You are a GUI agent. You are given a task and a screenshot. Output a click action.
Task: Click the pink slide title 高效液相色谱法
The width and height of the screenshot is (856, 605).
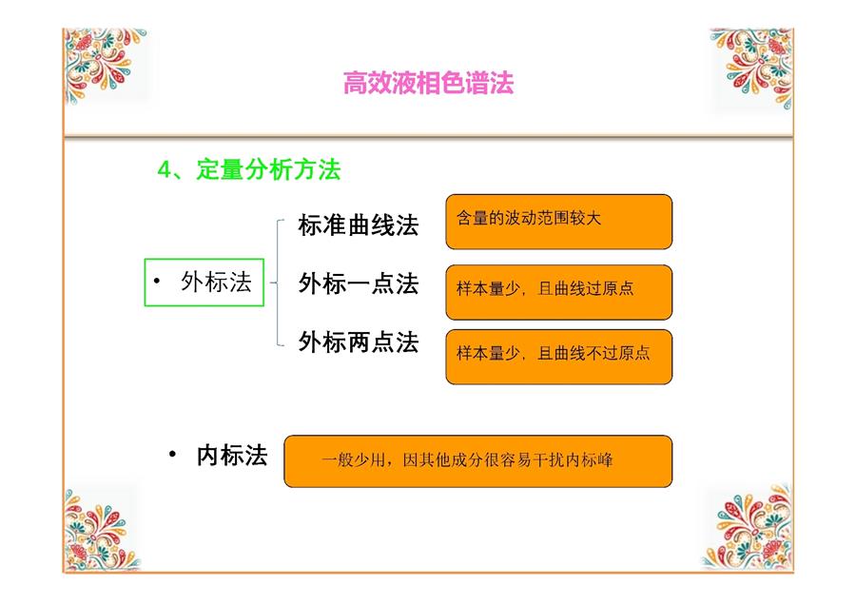pos(429,83)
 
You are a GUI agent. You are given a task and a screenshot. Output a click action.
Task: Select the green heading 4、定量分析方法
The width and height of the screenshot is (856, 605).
pos(249,169)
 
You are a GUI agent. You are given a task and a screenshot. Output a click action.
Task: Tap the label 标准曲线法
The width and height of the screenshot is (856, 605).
pos(359,224)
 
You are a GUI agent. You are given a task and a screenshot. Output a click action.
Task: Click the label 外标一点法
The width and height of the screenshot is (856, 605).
pos(359,283)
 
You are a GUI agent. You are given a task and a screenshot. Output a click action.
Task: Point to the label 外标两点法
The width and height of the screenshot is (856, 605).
pos(359,342)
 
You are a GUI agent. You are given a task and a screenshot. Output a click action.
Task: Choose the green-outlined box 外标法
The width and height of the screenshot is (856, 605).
pos(204,283)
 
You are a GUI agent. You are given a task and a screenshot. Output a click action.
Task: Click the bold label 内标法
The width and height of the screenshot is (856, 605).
pos(232,456)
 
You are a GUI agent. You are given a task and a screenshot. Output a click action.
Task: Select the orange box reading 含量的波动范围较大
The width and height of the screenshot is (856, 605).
pos(559,222)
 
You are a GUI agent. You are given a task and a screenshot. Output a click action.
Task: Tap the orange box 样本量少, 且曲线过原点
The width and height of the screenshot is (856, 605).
pos(559,292)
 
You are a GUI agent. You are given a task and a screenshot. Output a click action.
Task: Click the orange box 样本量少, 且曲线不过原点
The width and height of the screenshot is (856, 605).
pos(559,357)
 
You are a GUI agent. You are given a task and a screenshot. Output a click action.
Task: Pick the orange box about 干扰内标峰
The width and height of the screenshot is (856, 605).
pos(478,460)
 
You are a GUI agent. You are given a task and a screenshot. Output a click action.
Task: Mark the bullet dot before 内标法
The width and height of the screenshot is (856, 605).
pos(172,454)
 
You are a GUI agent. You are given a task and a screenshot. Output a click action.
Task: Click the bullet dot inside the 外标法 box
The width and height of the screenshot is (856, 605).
pos(157,281)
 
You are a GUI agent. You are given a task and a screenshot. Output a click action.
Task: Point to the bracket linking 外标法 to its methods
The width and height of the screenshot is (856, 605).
pos(278,283)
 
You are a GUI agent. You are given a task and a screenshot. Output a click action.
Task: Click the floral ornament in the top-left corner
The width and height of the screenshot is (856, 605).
pos(105,66)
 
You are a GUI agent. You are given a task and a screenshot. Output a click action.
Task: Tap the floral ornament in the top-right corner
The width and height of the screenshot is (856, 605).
pos(751,68)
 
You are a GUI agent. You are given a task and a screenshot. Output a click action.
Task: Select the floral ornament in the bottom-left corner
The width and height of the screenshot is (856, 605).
pos(101,529)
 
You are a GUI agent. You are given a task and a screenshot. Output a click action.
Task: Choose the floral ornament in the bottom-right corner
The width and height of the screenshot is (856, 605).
pos(748,526)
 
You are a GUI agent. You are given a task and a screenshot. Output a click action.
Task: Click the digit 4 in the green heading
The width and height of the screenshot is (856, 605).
pos(164,170)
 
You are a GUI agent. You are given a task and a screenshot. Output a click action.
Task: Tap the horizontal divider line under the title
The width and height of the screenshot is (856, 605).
pos(429,136)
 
